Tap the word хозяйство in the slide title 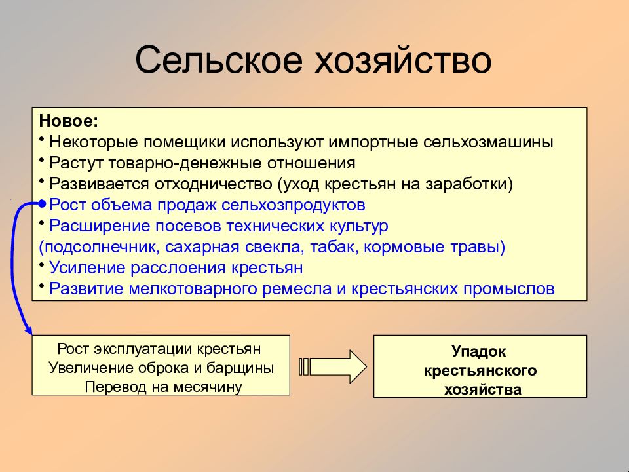[403, 60]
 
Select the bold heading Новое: [69, 121]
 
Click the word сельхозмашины [488, 142]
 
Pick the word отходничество [214, 184]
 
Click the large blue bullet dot [43, 203]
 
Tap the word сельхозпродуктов [294, 205]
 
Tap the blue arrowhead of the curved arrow [28, 330]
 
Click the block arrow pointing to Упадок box [333, 366]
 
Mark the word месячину [208, 387]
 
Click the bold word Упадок [478, 351]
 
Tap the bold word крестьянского [480, 370]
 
